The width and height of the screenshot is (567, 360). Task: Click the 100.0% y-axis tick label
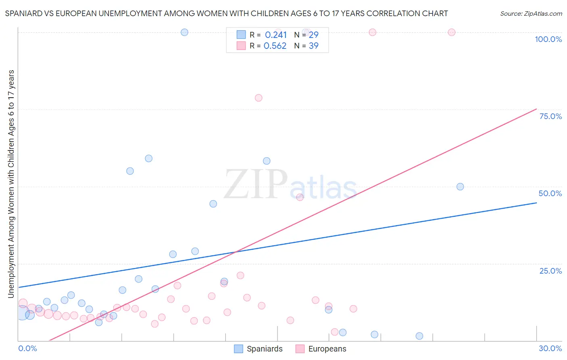548,39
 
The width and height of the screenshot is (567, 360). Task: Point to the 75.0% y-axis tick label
550,116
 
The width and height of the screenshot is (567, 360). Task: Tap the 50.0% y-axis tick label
550,193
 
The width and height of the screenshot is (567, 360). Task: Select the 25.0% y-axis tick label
550,270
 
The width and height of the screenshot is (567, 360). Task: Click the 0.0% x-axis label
27,348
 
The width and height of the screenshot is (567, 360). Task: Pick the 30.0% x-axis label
550,348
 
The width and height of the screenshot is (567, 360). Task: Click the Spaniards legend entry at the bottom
258,349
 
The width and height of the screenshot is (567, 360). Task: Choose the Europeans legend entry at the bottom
321,349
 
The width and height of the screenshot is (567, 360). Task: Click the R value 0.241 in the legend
276,35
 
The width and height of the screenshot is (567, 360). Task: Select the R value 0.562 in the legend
275,46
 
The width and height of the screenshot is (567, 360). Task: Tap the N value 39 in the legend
313,46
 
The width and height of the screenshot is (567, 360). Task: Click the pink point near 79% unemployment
258,98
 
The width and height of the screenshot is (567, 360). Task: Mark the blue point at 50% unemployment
460,186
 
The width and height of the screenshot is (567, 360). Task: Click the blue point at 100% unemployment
184,32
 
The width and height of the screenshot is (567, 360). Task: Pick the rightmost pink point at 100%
452,32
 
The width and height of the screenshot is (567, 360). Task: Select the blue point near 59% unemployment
148,158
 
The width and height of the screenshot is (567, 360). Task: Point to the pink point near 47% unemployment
300,197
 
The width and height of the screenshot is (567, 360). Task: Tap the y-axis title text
11,184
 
